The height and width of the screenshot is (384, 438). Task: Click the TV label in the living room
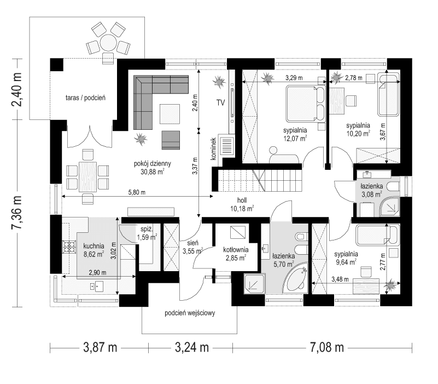tap(220, 102)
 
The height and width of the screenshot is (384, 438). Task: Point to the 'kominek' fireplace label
tap(215, 148)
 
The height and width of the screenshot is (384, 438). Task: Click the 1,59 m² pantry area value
tap(146, 237)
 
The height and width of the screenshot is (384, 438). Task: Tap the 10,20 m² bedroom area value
tap(358, 132)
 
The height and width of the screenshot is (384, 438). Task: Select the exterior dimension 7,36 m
tap(18, 214)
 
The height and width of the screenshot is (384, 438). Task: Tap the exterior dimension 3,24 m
tap(191, 347)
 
